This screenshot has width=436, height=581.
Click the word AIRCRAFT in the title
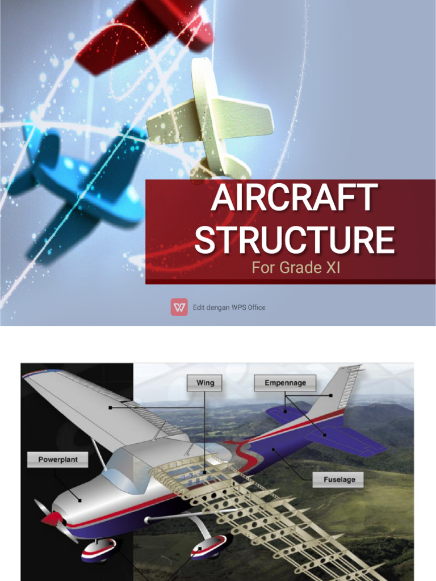point(294,198)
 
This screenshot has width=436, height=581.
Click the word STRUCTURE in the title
point(294,239)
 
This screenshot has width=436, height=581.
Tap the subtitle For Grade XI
point(296,268)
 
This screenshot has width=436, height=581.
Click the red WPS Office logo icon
point(179,307)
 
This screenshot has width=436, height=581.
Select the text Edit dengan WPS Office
point(229,308)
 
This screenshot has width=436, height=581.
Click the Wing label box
point(205,383)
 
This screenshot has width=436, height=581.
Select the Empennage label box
point(285,383)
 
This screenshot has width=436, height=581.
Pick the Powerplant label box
point(57,459)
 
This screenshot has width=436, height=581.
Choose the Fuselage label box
point(339,479)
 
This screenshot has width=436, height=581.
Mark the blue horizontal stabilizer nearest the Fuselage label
point(346,440)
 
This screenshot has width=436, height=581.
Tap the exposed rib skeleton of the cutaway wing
point(267,511)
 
